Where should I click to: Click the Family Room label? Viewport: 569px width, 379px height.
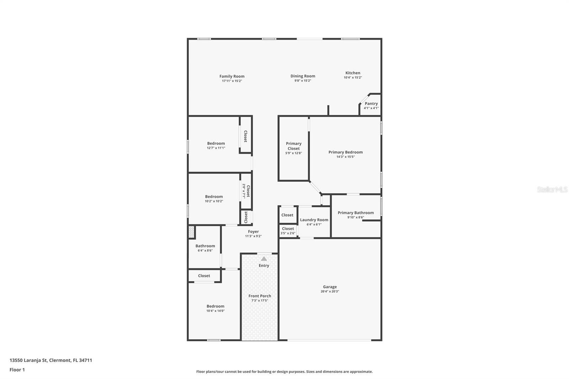(232, 76)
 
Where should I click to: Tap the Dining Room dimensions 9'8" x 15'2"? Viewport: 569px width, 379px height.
(303, 81)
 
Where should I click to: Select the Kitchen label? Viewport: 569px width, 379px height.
(353, 73)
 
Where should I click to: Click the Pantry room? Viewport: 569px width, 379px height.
(371, 105)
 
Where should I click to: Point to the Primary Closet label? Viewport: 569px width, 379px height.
(294, 146)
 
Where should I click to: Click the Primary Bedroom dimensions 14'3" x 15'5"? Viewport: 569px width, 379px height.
(346, 157)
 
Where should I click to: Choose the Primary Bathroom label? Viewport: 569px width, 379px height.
(356, 213)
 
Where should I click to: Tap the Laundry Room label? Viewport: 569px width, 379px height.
(314, 220)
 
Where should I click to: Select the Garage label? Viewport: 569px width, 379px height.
(330, 287)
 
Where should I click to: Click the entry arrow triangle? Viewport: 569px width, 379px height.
(264, 259)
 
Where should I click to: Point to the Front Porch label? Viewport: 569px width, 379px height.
(260, 296)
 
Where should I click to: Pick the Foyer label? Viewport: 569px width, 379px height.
(253, 231)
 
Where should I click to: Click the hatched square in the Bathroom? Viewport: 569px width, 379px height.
(192, 232)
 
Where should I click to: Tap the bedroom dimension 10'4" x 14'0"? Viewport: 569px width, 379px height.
(216, 311)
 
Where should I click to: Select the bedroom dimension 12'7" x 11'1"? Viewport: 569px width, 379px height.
(216, 148)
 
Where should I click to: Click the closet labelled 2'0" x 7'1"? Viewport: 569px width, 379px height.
(246, 191)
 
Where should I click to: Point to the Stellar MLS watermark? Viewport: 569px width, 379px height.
(552, 189)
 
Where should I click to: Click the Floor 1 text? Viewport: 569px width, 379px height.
(17, 370)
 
